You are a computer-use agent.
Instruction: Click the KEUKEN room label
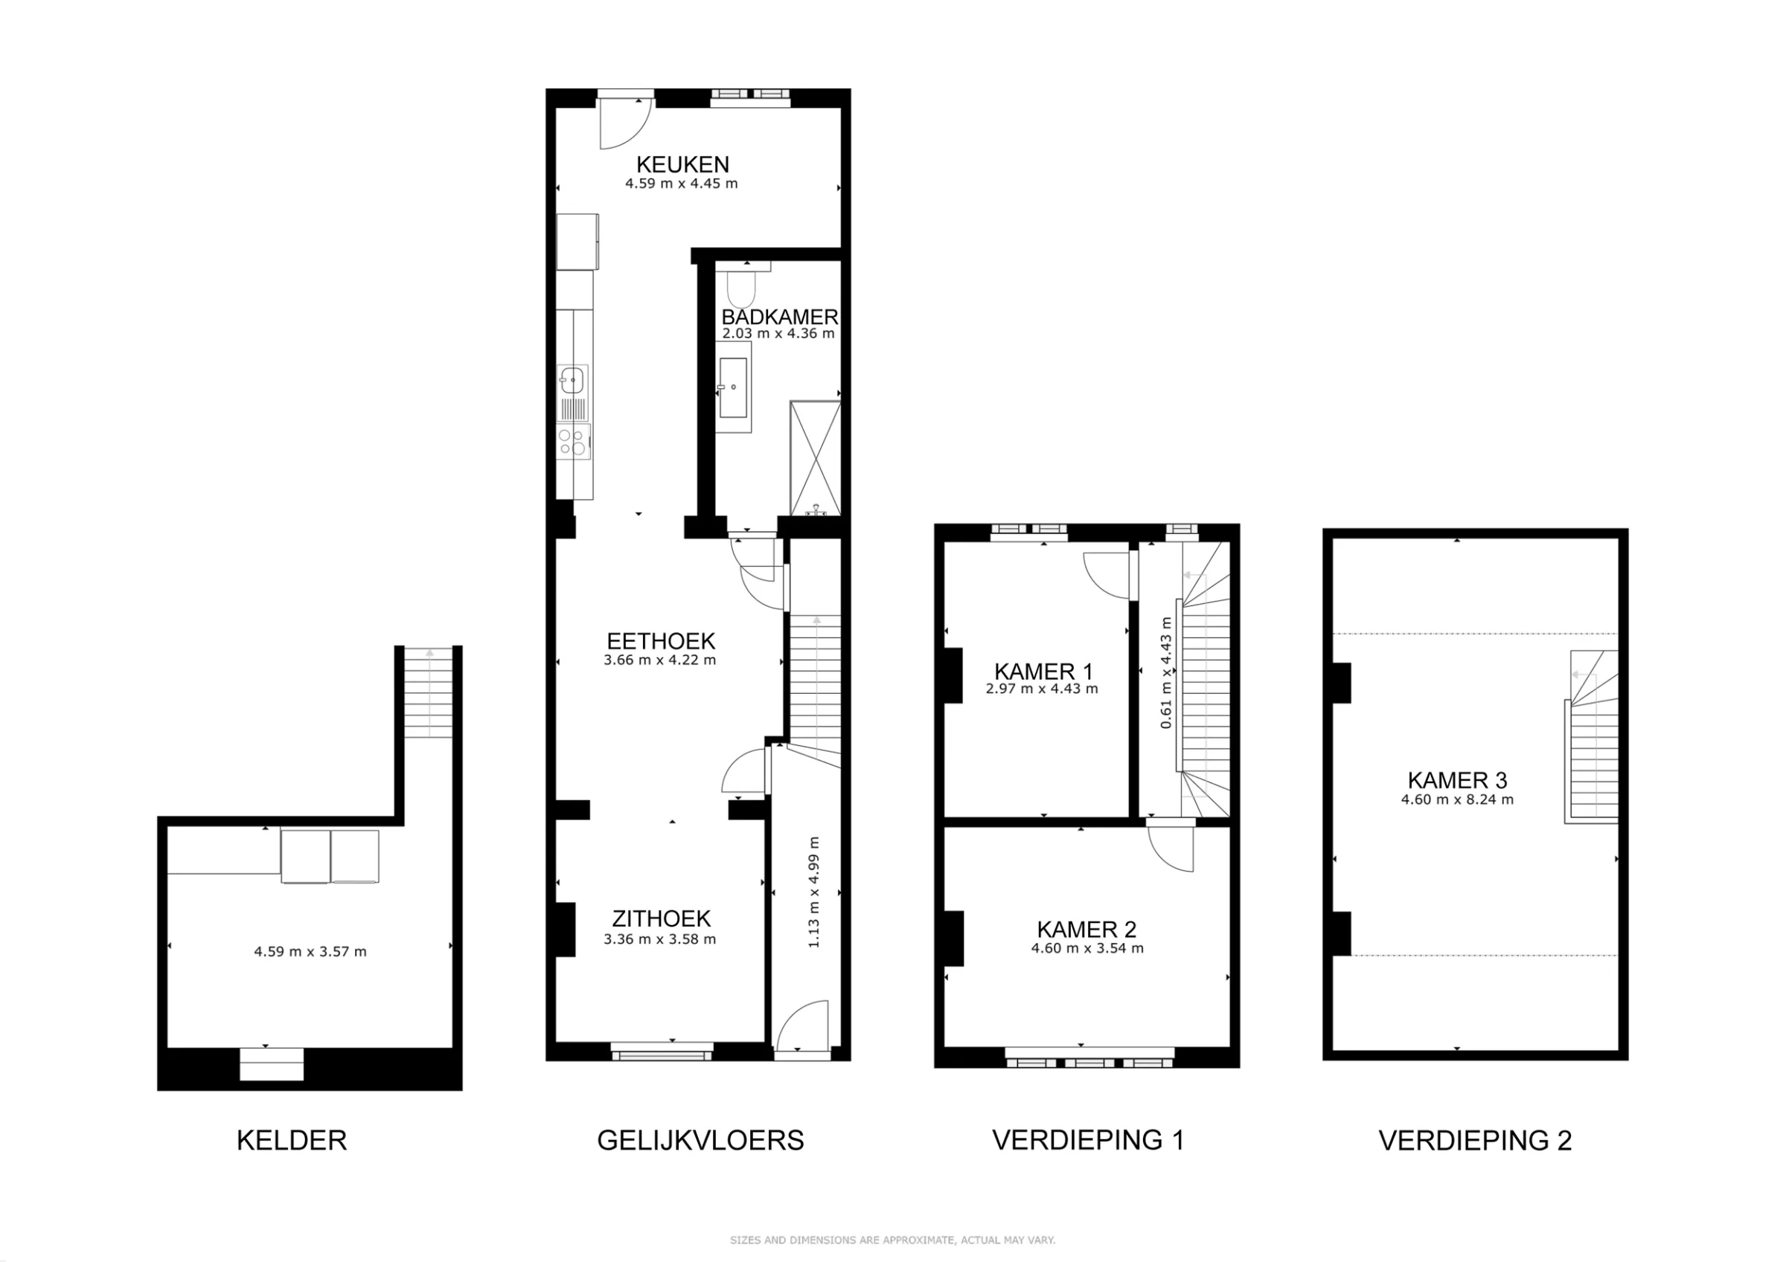[x=682, y=164]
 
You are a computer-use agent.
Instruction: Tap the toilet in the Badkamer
[x=740, y=289]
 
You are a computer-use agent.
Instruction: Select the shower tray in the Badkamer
[x=814, y=458]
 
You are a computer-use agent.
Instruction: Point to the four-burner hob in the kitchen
[x=572, y=442]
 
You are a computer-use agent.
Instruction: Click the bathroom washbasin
[x=733, y=387]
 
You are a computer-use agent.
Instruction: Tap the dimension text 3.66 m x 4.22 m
[x=659, y=660]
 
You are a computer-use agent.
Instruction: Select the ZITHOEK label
[x=662, y=918]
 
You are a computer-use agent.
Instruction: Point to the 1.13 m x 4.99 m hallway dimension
[x=813, y=892]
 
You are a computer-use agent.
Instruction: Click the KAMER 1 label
[x=1043, y=671]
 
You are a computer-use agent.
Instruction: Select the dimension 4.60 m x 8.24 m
[x=1457, y=799]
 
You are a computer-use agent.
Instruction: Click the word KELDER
[x=292, y=1140]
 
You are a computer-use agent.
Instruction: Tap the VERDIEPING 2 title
[x=1475, y=1141]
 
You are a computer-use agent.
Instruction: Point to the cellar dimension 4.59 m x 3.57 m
[x=310, y=951]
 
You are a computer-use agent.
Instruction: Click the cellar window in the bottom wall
[x=271, y=1063]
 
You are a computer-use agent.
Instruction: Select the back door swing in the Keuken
[x=624, y=124]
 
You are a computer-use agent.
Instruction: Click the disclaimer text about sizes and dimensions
[x=892, y=1240]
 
